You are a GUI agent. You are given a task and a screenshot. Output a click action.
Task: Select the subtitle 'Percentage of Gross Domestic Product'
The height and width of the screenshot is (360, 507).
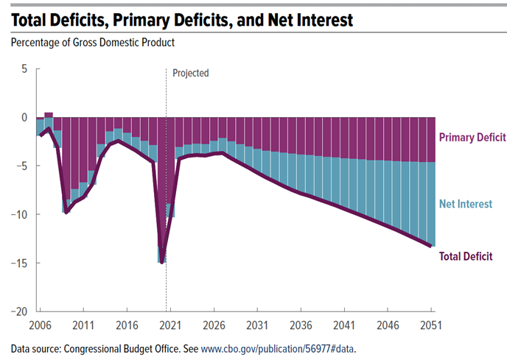93,43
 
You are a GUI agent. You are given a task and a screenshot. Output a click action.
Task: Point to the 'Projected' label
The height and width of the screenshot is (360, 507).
191,73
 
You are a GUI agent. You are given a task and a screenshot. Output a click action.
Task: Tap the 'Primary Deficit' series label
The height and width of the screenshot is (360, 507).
472,137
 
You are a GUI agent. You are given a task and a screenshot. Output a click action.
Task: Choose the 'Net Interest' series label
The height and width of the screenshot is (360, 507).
466,203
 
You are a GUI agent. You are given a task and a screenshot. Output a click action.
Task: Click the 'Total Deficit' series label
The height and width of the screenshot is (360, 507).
466,256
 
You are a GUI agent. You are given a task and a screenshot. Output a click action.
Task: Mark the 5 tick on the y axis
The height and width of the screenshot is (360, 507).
23,68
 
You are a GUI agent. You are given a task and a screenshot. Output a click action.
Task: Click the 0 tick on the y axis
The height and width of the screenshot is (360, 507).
23,117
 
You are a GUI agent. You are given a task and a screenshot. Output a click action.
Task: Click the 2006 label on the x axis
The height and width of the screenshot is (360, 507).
40,325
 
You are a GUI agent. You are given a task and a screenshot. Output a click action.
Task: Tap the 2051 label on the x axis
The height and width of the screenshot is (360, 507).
431,325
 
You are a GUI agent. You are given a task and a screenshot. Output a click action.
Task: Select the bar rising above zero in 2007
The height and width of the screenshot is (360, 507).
49,115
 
